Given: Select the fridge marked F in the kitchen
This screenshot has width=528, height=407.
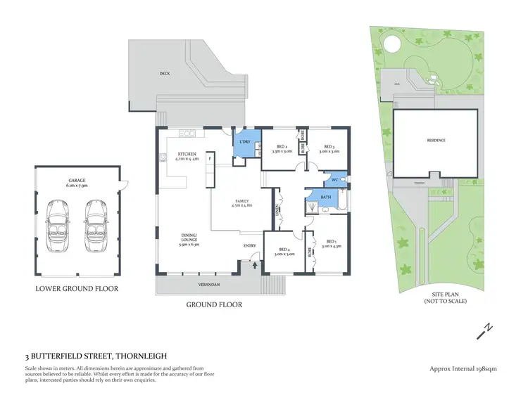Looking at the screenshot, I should [209, 157].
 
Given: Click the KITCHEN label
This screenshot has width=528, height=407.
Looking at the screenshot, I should [186, 153].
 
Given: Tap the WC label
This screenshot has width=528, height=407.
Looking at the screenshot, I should [326, 181].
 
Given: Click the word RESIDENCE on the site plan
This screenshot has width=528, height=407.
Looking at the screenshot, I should [436, 141].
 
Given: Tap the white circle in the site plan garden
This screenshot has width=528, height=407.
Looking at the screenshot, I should [391, 44].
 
